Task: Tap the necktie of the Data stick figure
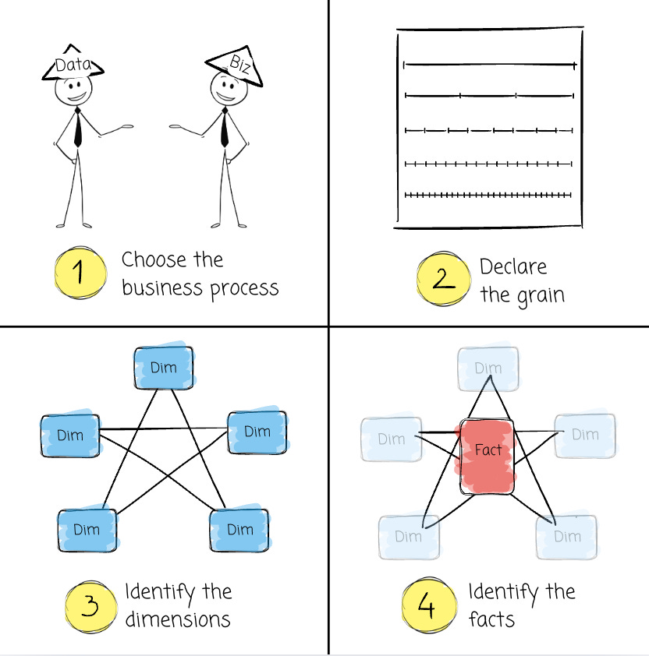77,129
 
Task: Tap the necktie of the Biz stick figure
225,129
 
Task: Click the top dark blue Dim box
163,367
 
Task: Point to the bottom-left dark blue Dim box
87,530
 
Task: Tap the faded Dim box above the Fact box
488,368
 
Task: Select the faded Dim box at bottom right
567,536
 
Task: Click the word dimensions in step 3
178,619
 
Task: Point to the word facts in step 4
491,619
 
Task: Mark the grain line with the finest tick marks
488,195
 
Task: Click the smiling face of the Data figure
73,91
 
